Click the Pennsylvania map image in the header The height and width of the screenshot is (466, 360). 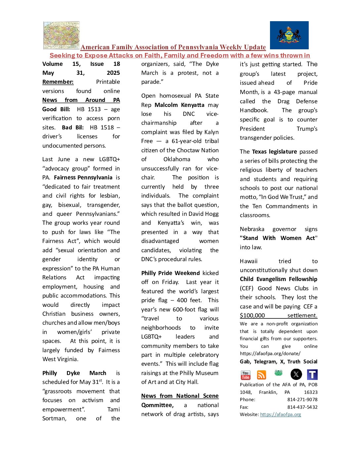pos(62,35)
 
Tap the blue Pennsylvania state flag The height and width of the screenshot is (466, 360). pos(289,35)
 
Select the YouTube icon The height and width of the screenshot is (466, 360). pos(246,375)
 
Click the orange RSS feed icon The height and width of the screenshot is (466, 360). pos(261,375)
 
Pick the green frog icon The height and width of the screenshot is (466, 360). pos(278,373)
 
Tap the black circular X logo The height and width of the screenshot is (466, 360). pos(296,374)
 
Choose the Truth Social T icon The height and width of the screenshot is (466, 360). pos(312,374)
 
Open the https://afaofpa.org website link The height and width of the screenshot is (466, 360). pos(281,414)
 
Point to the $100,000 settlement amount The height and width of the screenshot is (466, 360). pos(252,316)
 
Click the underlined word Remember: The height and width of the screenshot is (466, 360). pos(58,82)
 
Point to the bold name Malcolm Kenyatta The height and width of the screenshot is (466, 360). pos(179,105)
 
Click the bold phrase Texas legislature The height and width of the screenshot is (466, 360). pos(274,152)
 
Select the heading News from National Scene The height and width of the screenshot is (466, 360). pos(180,396)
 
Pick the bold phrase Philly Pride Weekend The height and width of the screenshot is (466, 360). pos(170,273)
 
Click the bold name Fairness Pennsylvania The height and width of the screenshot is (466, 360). pos(83,177)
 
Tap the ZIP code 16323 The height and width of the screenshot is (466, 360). pos(310,392)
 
